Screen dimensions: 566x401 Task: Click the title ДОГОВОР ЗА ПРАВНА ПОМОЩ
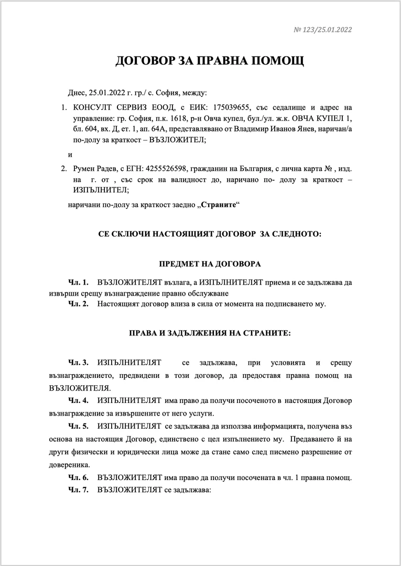210,62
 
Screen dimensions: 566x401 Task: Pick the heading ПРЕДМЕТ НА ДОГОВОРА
210,264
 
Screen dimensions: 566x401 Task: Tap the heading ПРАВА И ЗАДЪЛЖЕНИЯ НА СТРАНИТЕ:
210,333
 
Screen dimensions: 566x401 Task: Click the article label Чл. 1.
78,282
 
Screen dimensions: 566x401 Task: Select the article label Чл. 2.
78,304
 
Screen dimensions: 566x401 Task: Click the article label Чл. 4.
78,400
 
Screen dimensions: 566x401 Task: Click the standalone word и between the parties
70,154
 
